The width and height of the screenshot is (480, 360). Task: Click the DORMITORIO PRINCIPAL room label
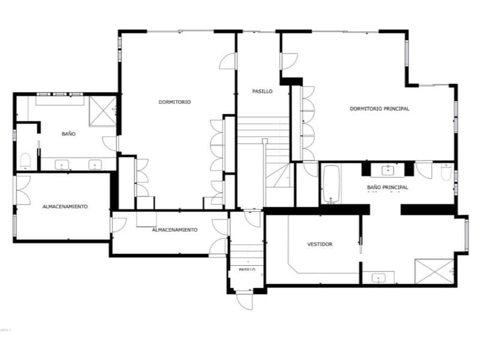379,109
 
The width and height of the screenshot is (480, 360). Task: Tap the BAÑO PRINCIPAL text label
388,188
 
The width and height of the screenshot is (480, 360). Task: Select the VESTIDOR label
320,244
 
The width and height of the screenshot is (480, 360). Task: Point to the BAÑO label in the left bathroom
68,134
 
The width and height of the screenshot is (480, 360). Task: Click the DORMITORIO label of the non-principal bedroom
175,102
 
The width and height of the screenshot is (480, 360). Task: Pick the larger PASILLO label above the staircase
262,92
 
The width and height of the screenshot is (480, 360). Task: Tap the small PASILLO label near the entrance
247,270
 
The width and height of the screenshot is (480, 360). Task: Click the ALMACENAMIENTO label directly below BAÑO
65,206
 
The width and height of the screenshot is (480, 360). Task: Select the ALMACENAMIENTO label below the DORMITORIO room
175,230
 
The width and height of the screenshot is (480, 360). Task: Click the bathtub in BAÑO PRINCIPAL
331,184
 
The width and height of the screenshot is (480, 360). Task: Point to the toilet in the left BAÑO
25,161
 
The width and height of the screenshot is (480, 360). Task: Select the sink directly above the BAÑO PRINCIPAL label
388,170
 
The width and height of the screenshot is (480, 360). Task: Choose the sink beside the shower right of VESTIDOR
378,278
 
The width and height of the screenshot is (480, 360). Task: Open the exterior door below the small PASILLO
245,301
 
